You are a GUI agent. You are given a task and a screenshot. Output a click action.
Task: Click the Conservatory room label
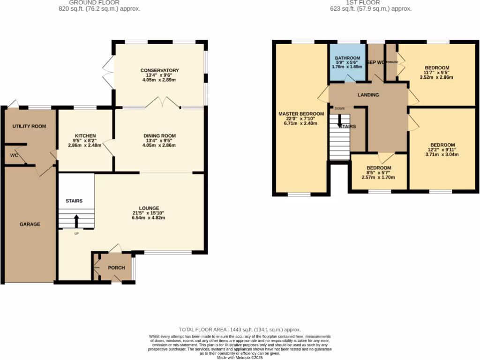tap(159, 71)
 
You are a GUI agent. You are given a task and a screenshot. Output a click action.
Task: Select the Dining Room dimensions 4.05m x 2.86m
tap(159, 145)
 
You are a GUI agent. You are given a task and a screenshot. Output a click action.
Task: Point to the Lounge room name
tap(149, 208)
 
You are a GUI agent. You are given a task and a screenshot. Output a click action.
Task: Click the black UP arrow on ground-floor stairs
tap(76, 220)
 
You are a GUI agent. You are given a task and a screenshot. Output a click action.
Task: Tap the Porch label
tap(116, 268)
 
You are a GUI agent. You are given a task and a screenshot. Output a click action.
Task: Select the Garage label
tap(30, 225)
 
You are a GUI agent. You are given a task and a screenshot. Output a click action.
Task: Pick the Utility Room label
tap(29, 127)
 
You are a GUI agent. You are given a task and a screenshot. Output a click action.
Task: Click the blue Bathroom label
tap(347, 58)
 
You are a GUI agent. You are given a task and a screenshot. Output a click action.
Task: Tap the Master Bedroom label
tap(301, 114)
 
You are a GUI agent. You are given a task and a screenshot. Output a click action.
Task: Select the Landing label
tap(368, 95)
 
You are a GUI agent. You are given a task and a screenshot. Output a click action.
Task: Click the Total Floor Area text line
tap(240, 330)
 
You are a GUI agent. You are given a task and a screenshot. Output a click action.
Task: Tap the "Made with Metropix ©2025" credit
tap(240, 358)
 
